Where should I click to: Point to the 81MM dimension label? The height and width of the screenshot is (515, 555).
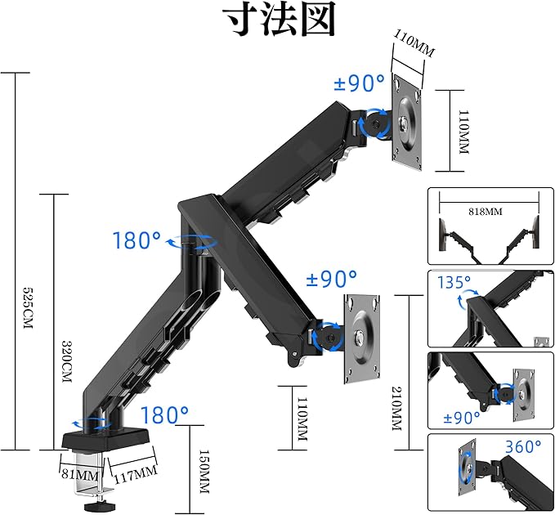tap(79, 474)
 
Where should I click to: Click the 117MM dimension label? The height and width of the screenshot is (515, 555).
tap(132, 472)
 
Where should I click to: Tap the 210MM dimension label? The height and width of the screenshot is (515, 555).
tap(397, 412)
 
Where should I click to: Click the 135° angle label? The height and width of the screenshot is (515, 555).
tap(456, 283)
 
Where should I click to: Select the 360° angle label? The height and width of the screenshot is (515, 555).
tap(521, 446)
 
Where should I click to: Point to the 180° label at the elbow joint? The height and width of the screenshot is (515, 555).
tap(137, 241)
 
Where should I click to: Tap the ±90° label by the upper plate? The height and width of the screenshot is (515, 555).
tap(359, 83)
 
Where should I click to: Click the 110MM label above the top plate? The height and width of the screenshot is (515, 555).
tap(414, 42)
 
